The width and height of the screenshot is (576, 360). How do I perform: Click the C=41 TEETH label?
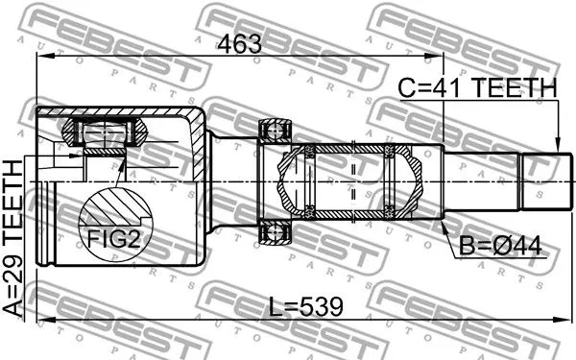click(x=477, y=89)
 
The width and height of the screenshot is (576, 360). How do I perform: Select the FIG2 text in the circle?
click(x=115, y=238)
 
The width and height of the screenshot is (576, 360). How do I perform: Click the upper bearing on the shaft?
click(x=276, y=132)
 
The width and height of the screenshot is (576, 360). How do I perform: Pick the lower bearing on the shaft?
click(x=276, y=230)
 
